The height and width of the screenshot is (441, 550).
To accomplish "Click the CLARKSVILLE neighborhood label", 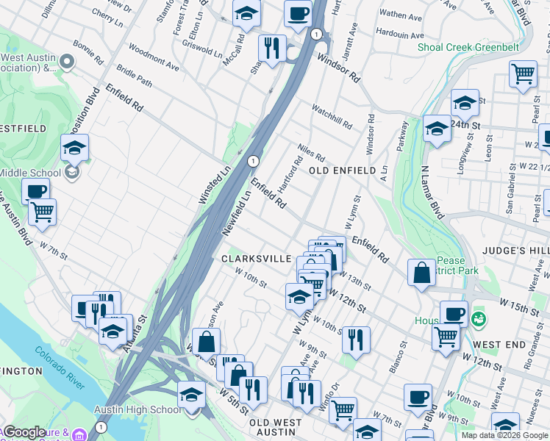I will pyautogui.click(x=251, y=259).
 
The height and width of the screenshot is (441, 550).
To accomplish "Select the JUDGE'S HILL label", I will pyautogui.click(x=515, y=251).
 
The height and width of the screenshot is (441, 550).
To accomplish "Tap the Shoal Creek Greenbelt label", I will pyautogui.click(x=468, y=48).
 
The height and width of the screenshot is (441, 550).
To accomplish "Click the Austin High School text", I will pyautogui.click(x=136, y=409).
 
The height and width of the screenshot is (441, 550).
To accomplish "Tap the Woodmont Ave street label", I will pyautogui.click(x=153, y=60).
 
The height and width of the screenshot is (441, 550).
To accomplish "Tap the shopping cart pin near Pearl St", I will pyautogui.click(x=523, y=73).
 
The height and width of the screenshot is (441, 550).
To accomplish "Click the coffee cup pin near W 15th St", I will pyautogui.click(x=454, y=313).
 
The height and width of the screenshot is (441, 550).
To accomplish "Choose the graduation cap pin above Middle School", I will pyautogui.click(x=75, y=147).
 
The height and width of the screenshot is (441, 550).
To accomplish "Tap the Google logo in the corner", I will pyautogui.click(x=25, y=432).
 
